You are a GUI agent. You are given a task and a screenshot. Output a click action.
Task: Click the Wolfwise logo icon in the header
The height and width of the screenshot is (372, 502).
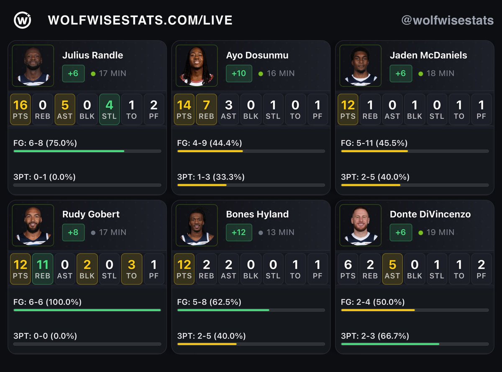tap(22, 20)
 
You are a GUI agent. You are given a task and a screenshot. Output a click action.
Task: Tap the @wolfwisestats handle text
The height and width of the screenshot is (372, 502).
tap(447, 20)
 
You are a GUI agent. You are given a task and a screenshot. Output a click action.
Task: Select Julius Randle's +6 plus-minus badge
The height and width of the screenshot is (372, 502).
tap(73, 73)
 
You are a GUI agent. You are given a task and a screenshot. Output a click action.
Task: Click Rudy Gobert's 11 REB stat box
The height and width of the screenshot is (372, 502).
tap(42, 269)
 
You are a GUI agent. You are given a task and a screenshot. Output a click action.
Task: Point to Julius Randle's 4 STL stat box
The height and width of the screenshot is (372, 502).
tap(109, 109)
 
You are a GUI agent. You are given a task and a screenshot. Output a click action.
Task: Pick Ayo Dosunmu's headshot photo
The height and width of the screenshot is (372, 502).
tap(197, 66)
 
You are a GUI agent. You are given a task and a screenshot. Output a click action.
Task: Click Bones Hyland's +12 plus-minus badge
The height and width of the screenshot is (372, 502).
tap(239, 232)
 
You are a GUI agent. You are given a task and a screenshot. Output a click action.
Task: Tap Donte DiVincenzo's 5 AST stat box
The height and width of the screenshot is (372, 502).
tap(392, 269)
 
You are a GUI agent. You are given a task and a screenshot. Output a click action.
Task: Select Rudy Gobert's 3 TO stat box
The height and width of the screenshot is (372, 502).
tap(131, 269)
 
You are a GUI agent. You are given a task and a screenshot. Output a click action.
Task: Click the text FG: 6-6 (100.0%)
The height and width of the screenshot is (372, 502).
tap(47, 302)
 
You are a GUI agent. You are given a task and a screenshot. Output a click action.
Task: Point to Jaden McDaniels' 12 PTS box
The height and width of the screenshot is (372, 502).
tap(348, 109)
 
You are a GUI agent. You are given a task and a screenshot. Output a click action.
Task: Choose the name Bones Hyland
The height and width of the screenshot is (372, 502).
tap(257, 214)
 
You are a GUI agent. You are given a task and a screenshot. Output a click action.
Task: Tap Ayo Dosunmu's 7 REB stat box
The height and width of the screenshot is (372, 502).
tap(206, 109)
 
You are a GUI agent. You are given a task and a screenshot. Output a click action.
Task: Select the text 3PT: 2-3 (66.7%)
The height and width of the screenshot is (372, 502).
tap(375, 336)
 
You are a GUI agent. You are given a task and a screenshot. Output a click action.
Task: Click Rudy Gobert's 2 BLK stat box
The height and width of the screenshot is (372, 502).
tap(87, 269)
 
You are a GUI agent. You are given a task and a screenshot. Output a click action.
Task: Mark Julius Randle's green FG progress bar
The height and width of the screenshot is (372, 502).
tap(69, 151)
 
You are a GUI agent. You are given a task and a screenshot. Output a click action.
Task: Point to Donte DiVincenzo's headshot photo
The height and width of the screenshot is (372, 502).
tap(360, 225)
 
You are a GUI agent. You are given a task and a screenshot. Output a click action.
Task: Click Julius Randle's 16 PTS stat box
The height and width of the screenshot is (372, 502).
tap(20, 109)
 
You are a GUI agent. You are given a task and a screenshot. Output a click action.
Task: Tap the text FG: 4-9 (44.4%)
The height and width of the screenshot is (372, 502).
tap(210, 143)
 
